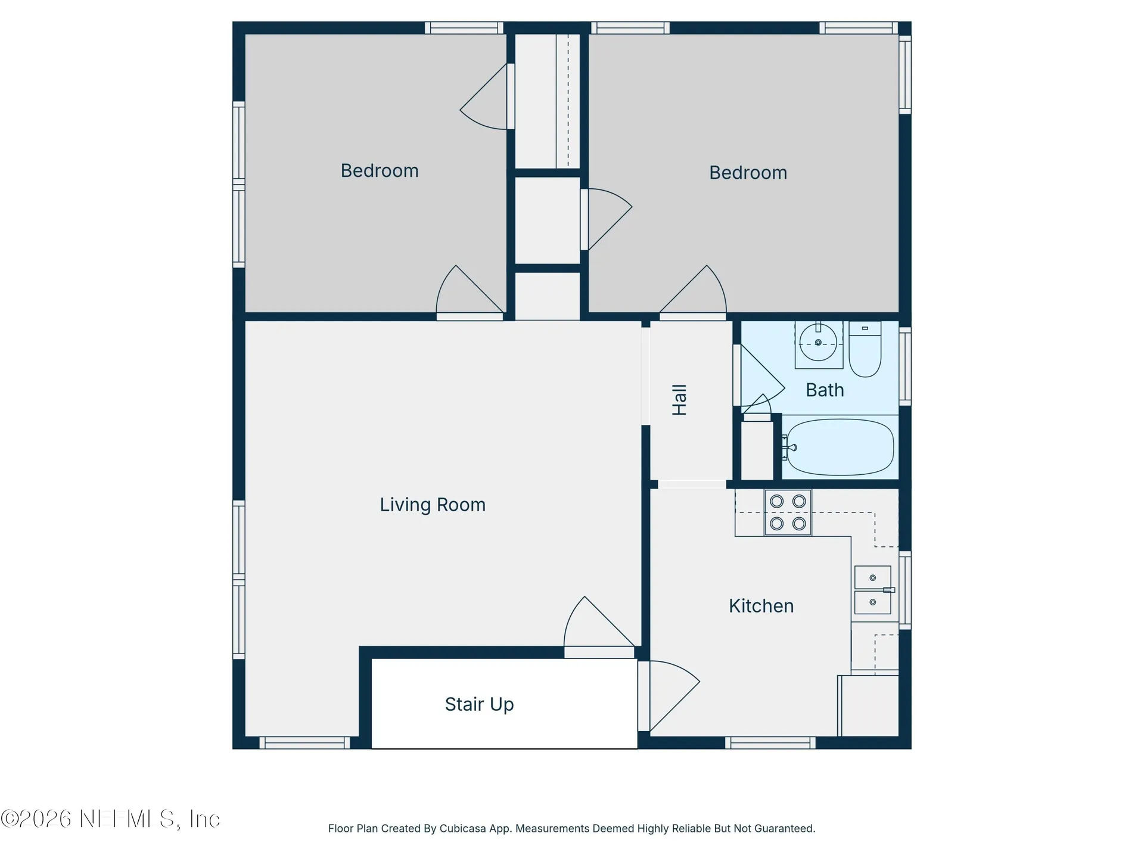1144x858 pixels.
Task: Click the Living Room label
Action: click(433, 505)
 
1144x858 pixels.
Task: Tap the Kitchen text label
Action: click(761, 606)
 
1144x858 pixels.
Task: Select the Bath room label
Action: click(825, 390)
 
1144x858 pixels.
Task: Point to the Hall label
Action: click(679, 400)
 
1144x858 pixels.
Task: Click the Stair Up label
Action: click(479, 704)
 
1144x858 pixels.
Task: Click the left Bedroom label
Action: click(380, 170)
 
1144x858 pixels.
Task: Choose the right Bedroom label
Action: click(748, 173)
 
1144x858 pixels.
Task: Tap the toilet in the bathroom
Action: click(865, 349)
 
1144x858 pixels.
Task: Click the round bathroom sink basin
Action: click(818, 343)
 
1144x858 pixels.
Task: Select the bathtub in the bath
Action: click(840, 447)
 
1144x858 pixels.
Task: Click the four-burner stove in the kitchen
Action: click(788, 512)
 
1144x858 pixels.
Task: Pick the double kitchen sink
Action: click(873, 590)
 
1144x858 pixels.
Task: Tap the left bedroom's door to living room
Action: click(470, 292)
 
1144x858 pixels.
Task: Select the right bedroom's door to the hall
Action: click(693, 292)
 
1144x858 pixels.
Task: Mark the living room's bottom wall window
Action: click(304, 743)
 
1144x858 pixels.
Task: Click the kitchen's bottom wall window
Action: click(770, 743)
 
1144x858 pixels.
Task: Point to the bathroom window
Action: click(905, 366)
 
